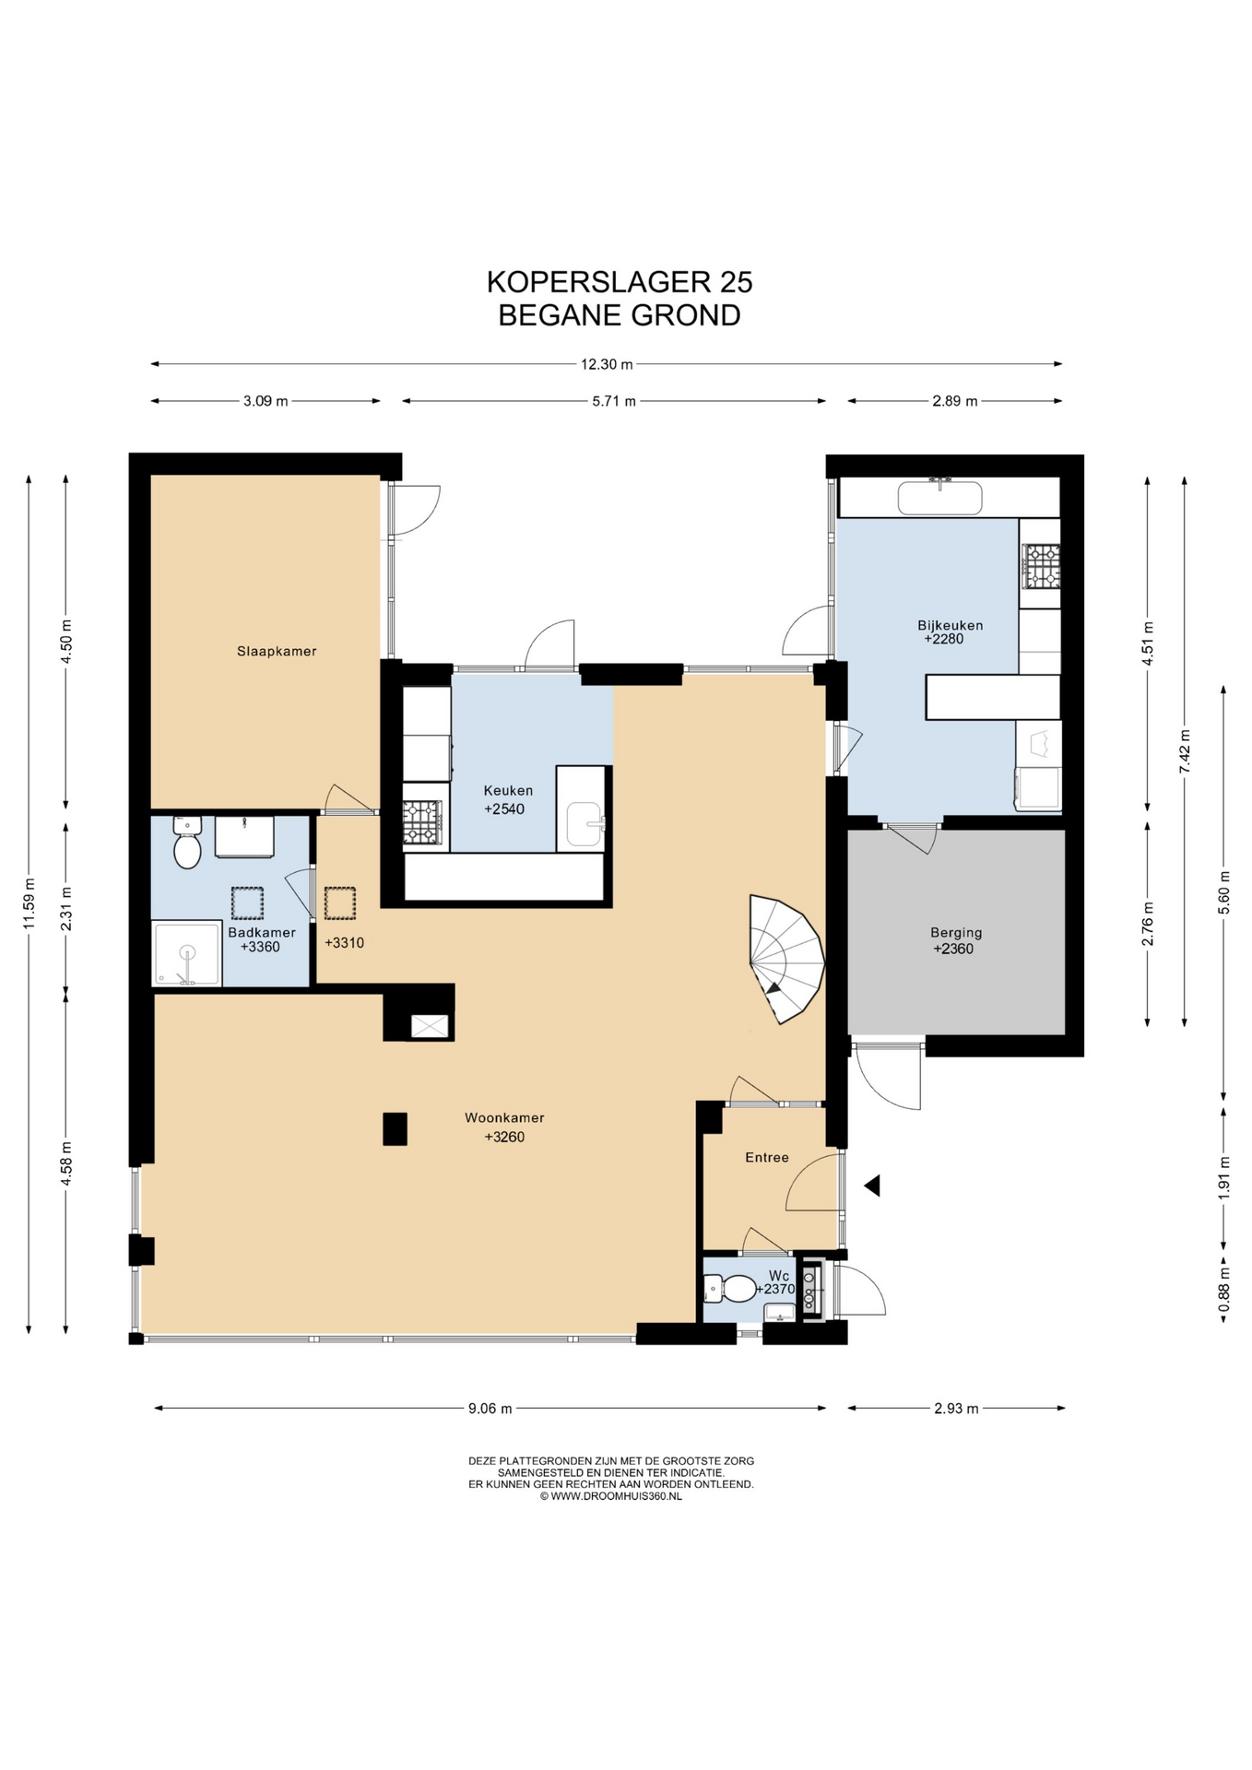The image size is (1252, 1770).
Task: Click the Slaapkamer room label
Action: [x=277, y=651]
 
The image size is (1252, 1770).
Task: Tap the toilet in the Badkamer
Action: [x=187, y=843]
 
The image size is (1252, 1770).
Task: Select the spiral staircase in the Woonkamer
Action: [x=785, y=959]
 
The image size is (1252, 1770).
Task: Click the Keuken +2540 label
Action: [x=508, y=799]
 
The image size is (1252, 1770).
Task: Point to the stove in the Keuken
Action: [x=422, y=822]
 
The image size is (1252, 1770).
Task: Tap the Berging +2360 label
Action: [x=955, y=940]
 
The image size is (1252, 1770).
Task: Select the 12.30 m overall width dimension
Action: [x=607, y=364]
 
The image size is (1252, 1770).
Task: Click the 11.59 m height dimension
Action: [x=29, y=903]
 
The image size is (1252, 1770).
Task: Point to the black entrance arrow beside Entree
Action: [x=872, y=1186]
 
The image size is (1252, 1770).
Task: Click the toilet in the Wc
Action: [x=730, y=1288]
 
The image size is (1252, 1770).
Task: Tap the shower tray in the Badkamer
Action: [x=187, y=953]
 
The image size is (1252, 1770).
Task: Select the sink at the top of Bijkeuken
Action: [x=939, y=497]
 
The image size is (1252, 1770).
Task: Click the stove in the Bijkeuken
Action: [x=1041, y=565]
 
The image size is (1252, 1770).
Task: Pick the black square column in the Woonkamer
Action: [x=396, y=1129]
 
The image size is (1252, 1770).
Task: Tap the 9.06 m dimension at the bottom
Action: [x=490, y=1408]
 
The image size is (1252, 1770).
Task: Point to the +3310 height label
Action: [x=344, y=943]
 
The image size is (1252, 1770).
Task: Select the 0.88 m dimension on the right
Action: [x=1223, y=1290]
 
